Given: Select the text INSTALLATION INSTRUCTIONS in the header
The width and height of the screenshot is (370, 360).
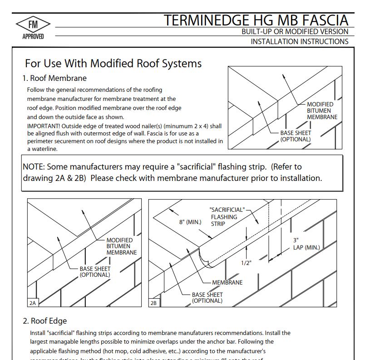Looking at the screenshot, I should coord(300,41).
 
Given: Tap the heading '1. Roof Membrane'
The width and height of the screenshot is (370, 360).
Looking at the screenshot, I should coord(54,78).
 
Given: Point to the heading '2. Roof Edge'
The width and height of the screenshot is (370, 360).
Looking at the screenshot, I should coord(44,321).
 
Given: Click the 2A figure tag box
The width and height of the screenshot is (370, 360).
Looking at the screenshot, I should coord(33,302).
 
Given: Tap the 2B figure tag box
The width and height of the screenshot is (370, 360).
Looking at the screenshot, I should coord(153,302).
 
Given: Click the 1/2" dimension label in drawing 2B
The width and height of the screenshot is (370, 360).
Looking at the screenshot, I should coord(246,263).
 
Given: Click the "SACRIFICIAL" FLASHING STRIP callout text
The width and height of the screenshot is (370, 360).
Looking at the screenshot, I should coord(226,217).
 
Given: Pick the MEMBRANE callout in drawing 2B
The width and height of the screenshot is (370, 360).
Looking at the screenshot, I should coord(227,282).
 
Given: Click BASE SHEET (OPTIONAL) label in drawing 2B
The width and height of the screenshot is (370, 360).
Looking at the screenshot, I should coord(207,297).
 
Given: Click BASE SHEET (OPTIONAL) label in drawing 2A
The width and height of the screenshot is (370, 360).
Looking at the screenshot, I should coord(95,272).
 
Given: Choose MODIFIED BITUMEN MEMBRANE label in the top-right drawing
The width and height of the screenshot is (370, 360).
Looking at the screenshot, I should coord(322,110).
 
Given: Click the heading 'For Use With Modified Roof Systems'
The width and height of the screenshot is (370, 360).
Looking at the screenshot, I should coord(113,63).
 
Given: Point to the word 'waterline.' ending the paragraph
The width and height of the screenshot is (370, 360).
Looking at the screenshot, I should coord(42,149).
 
